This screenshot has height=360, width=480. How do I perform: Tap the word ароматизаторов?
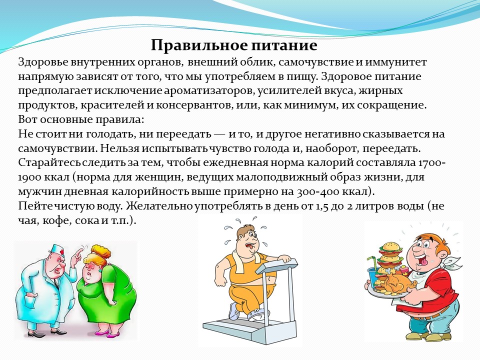click(x=209, y=91)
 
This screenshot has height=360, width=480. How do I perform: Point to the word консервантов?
click(x=194, y=105)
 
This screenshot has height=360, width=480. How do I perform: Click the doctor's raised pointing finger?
click(x=78, y=252)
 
